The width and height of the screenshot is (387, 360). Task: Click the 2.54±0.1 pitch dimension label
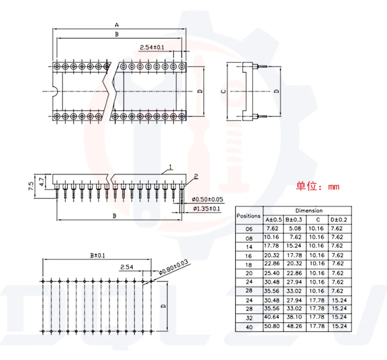tap(152, 47)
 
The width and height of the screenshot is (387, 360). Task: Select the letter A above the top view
tap(117, 25)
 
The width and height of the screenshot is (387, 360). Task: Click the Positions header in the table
tap(249, 215)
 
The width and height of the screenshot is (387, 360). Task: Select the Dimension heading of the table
tap(309, 211)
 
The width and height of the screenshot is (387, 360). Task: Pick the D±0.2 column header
tap(339, 220)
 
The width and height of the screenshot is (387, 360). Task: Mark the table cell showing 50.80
tap(274, 326)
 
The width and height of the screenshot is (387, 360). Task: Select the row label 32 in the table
tap(249, 317)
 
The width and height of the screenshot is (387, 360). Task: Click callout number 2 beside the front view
tap(196, 177)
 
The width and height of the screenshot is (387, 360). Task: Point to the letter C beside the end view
tap(223, 92)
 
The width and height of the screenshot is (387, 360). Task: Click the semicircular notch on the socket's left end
tap(55, 91)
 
